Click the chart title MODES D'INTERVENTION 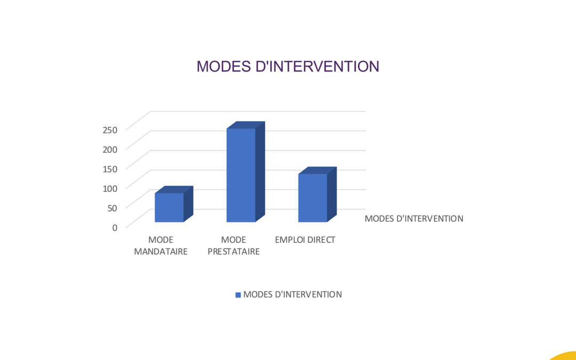tap(287, 67)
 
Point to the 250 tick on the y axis tap(110, 130)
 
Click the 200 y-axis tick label tap(110, 149)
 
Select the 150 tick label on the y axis tap(110, 169)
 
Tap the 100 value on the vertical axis tap(110, 188)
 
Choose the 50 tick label tap(112, 208)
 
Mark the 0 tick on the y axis tap(115, 228)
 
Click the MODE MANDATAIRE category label tap(161, 246)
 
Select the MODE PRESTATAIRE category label tap(234, 246)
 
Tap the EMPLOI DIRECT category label tap(305, 240)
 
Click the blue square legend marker tap(238, 295)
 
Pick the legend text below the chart tap(292, 294)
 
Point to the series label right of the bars tap(414, 219)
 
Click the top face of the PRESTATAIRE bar tap(246, 125)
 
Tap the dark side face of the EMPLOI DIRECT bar tap(332, 194)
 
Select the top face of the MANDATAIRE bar tap(174, 189)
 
